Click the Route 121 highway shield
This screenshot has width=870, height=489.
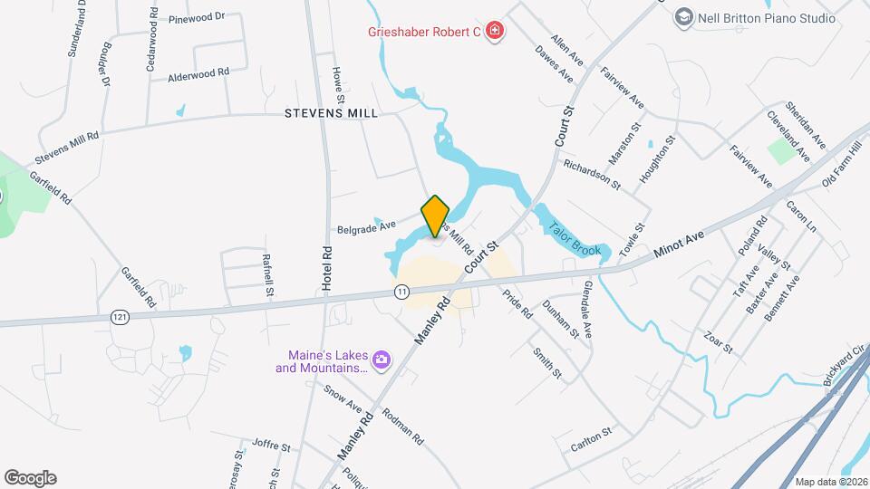[x=120, y=316]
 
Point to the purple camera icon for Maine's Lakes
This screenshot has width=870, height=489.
[x=382, y=360]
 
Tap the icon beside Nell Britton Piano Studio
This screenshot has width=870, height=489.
[x=683, y=17]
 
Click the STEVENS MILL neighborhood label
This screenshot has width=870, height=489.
[x=331, y=114]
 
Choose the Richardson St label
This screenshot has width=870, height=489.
[x=591, y=175]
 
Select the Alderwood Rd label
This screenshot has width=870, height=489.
[x=198, y=75]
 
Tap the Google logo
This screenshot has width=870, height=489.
[x=30, y=478]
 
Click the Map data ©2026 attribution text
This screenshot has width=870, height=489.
[x=831, y=482]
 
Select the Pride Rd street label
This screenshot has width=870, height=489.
[x=517, y=302]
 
